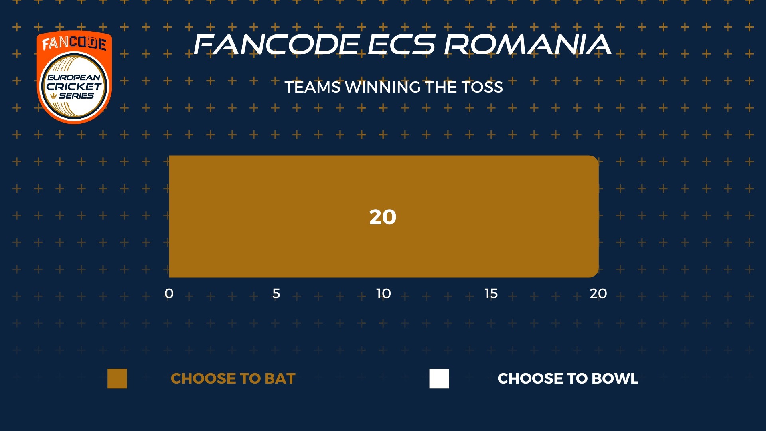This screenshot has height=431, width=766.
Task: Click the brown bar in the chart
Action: click(384, 216)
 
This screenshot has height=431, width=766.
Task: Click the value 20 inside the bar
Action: click(383, 217)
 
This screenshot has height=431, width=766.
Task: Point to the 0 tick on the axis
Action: click(169, 293)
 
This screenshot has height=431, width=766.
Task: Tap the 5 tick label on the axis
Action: click(276, 293)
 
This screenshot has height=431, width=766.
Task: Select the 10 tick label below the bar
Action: click(383, 293)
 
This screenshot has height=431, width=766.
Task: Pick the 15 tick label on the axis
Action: click(491, 293)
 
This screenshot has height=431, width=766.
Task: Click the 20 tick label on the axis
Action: click(598, 293)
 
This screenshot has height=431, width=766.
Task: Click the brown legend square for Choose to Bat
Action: click(117, 378)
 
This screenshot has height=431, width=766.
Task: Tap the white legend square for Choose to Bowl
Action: click(439, 378)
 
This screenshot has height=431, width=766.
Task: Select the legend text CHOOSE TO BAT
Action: click(233, 378)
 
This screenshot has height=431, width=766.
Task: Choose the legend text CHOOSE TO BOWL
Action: click(568, 378)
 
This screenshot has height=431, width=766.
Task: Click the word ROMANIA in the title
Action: click(527, 44)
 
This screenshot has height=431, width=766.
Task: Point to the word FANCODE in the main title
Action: click(277, 44)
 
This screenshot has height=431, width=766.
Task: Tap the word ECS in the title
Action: click(401, 44)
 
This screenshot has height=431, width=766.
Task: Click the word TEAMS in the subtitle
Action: click(312, 87)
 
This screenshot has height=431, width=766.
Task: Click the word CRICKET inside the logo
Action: click(74, 86)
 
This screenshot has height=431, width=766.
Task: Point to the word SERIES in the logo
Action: click(76, 96)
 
